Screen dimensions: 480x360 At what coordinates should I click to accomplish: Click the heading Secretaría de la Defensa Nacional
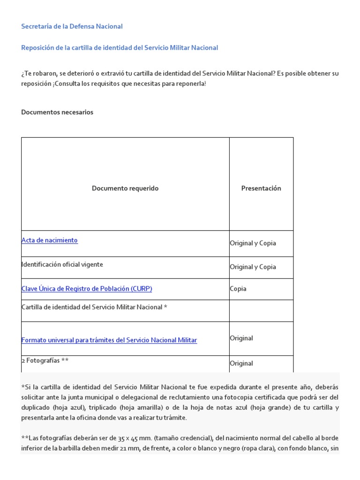coord(72,27)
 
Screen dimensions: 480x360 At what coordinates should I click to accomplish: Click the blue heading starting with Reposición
coord(120,48)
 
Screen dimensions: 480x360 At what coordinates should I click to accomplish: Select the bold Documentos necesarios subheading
coord(57,112)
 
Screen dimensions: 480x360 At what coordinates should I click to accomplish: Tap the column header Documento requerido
coord(125,188)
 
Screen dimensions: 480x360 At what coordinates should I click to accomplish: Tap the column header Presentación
coord(261,188)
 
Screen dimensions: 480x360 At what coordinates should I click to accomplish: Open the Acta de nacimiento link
coord(50,240)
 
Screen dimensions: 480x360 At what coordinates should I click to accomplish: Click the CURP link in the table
coord(87,289)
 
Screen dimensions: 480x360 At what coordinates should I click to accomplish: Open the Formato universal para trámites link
coord(109,340)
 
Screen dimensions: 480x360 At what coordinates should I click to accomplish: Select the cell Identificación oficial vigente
coord(62,265)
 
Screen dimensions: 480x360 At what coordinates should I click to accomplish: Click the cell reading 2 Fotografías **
coord(45,361)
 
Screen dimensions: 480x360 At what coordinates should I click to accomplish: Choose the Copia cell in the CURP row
coord(238,289)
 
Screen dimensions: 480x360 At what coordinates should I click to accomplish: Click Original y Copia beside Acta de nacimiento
coord(253,243)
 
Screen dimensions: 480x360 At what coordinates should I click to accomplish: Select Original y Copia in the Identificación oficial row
coord(253,267)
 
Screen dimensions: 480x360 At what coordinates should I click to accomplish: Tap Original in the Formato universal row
coord(241,338)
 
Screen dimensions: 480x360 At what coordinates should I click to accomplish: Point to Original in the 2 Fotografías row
coord(241,363)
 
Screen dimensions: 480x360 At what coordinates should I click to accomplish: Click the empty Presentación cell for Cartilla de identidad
coord(261,310)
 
